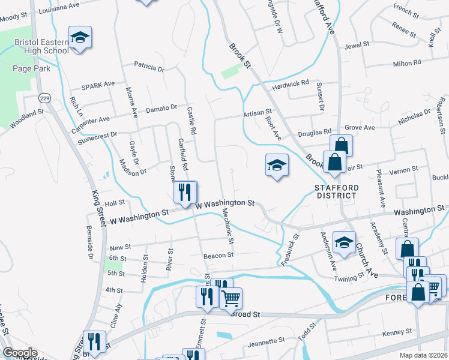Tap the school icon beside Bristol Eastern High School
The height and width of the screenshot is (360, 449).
click(79, 38)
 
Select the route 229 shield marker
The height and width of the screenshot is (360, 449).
click(44, 97)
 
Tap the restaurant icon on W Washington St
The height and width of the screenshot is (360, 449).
click(185, 192)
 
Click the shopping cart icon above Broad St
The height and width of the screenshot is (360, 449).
click(231, 298)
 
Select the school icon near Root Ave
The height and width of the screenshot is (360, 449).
click(277, 165)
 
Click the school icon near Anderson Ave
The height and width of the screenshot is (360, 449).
click(344, 243)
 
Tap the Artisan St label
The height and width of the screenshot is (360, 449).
click(258, 113)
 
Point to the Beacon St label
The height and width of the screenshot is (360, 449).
click(218, 255)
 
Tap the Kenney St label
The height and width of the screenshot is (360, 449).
click(396, 332)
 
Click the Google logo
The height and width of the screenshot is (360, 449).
click(19, 353)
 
